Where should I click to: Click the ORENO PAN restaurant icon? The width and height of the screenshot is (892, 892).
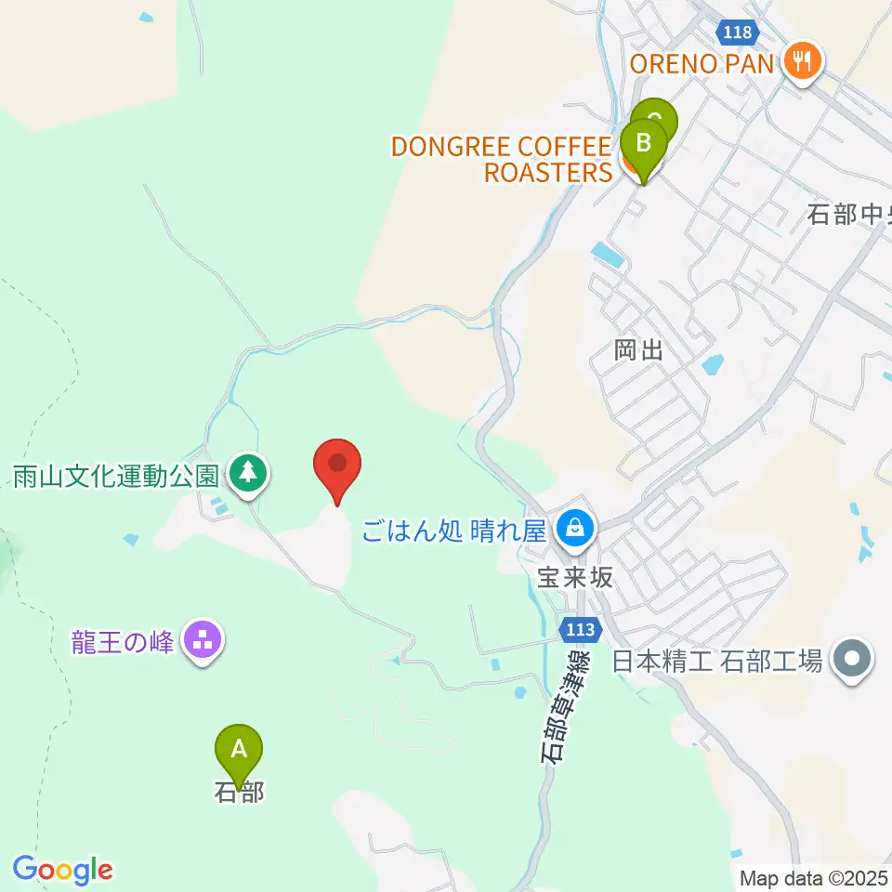pos(799,62)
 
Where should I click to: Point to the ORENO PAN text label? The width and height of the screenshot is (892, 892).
pos(702,63)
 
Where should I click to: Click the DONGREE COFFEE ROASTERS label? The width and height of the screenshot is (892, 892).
pos(502,159)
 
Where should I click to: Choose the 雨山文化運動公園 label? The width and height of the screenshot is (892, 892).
pos(116,477)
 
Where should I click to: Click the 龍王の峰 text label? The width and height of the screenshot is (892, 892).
pos(123,641)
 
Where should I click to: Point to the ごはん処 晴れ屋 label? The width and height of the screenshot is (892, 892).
pos(455,531)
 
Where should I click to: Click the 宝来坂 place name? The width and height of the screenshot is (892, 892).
pos(575,577)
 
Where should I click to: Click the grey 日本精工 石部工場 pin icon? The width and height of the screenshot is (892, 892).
pos(853,661)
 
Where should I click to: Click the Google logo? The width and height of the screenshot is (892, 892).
pos(62,871)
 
